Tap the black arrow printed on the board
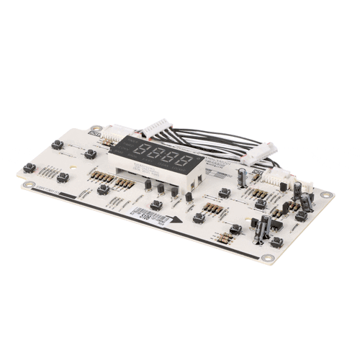click(x=171, y=222)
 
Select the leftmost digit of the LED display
click(x=142, y=152)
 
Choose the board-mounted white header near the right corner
click(x=278, y=177)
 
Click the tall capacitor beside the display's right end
click(x=243, y=178)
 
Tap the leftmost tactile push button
click(x=30, y=168)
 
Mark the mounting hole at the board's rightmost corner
click(x=325, y=194)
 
